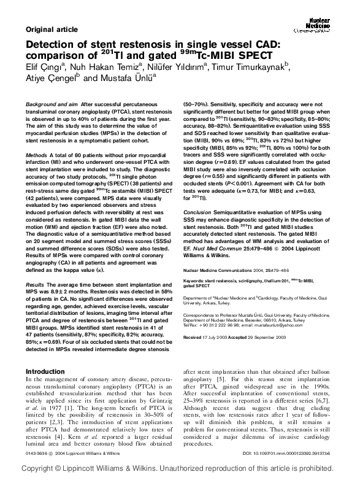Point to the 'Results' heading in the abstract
35,285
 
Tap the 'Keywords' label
197,261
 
